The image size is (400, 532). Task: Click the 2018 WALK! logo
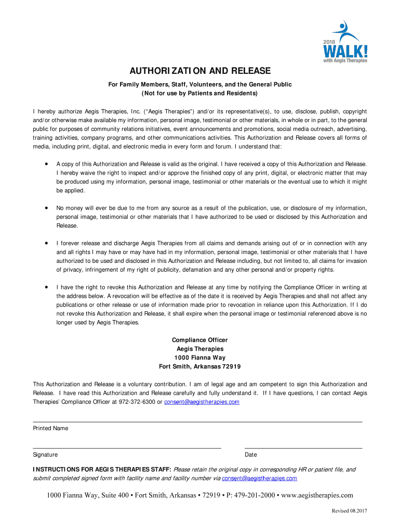(x=344, y=42)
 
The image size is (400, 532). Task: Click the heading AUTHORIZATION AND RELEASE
(x=200, y=71)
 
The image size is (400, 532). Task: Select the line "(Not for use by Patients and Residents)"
(x=200, y=94)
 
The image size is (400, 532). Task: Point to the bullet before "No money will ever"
(x=47, y=208)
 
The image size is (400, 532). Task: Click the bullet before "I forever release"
(x=47, y=243)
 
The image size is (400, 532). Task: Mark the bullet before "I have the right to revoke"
(x=47, y=287)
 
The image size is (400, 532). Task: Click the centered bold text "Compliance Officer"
(x=200, y=340)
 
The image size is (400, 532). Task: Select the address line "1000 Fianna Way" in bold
(x=200, y=357)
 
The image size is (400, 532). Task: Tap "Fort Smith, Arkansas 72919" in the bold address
(x=200, y=366)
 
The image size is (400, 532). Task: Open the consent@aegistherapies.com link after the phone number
(x=202, y=402)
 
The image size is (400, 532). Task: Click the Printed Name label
(x=50, y=429)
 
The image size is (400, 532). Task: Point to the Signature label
(x=45, y=455)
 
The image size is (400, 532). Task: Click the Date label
(x=251, y=455)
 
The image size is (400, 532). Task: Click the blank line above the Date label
(x=303, y=448)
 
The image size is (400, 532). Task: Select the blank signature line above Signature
(x=127, y=448)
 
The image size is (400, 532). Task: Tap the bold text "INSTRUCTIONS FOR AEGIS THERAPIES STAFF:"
(x=102, y=470)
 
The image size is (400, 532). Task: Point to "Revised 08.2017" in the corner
(x=350, y=511)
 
